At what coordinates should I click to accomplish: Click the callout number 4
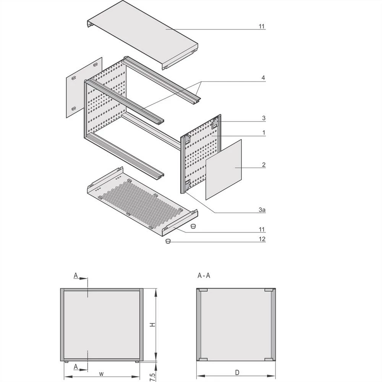coord(263,78)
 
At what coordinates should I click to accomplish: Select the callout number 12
coord(262,240)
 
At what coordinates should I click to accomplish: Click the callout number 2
coord(264,165)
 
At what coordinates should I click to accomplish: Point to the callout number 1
coord(264,133)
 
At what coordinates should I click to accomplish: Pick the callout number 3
coord(264,118)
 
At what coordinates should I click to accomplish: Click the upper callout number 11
coord(262,26)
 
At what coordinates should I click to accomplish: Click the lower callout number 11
coord(262,229)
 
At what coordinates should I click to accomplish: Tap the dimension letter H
coord(152,324)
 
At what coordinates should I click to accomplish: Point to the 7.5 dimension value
coord(152,376)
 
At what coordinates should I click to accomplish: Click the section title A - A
coord(204,275)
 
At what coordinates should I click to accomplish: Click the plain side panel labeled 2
coord(224,169)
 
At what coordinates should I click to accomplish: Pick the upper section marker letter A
coord(76,275)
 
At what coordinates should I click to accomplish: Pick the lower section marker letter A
coord(76,367)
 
